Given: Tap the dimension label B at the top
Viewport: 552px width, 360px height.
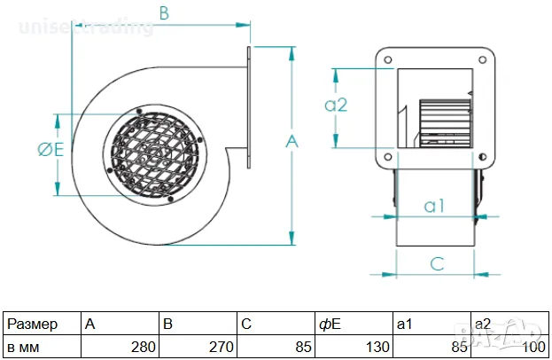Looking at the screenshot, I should click(163, 13).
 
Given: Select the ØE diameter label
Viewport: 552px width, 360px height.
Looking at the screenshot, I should click(50, 151).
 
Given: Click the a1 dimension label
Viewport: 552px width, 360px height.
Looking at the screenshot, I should click(433, 206).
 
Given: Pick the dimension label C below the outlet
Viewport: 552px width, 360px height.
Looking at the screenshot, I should click(437, 262).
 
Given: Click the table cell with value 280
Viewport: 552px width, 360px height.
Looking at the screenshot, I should click(144, 347).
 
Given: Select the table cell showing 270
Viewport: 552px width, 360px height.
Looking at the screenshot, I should click(222, 347).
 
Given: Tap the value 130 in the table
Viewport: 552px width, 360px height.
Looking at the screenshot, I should click(377, 347).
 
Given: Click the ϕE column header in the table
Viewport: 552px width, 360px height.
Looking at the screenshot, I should click(330, 325).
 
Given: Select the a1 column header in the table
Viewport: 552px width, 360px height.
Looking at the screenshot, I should click(405, 325).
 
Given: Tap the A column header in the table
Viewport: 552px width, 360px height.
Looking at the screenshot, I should click(90, 325).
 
